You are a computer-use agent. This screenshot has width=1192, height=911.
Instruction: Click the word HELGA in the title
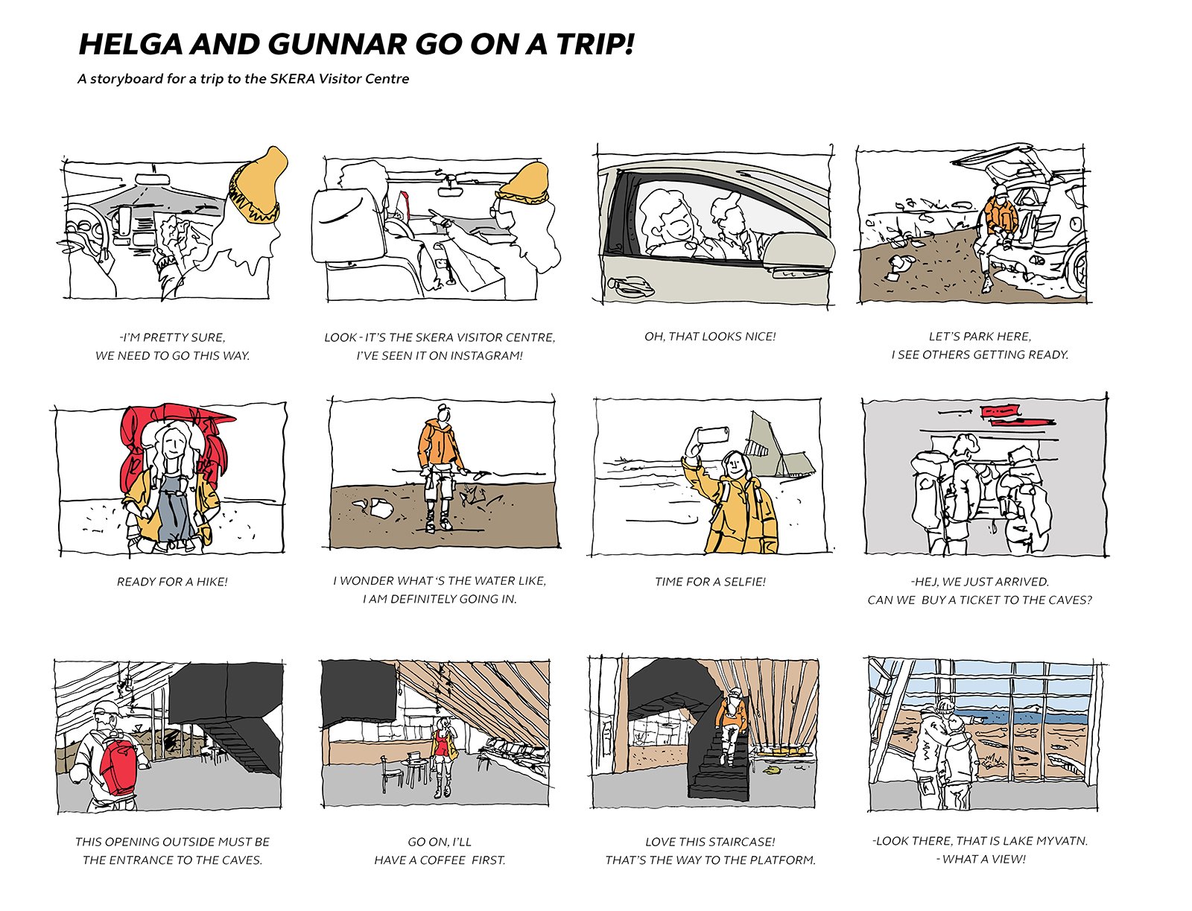(130, 44)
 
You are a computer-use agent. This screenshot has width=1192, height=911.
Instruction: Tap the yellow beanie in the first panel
(257, 184)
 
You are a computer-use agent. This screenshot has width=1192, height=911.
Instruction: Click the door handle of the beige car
(628, 283)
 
